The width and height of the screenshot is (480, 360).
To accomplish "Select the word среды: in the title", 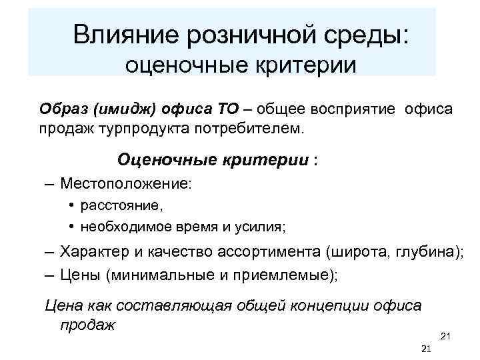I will pyautogui.click(x=363, y=33).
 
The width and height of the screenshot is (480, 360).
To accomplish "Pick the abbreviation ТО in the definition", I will pyautogui.click(x=223, y=109).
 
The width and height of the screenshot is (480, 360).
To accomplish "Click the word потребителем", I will pyautogui.click(x=254, y=127).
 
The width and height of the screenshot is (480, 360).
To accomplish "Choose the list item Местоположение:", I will pyautogui.click(x=125, y=182).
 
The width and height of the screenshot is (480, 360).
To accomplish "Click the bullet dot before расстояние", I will pyautogui.click(x=71, y=206).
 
